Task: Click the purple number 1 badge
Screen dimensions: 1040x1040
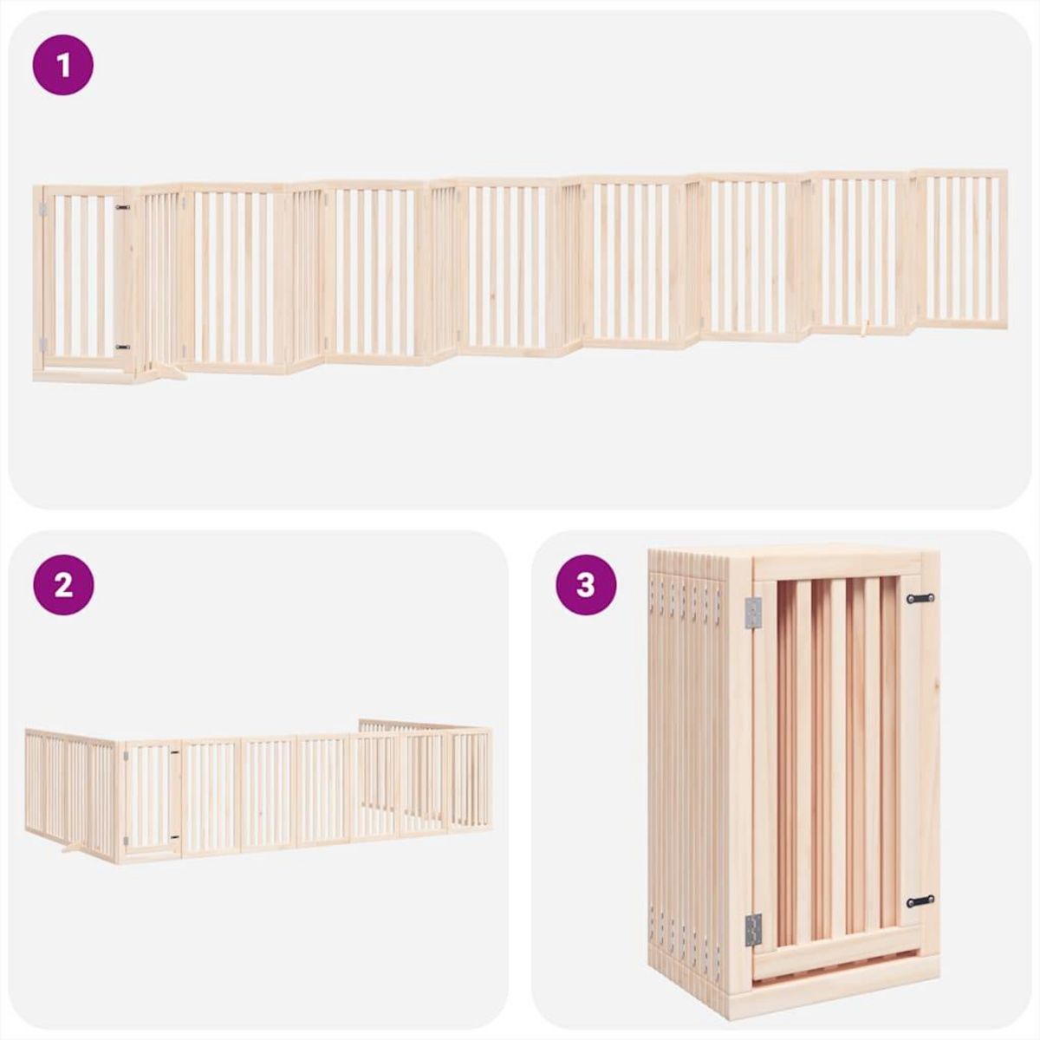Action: pyautogui.click(x=62, y=65)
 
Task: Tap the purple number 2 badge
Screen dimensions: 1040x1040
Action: pyautogui.click(x=62, y=585)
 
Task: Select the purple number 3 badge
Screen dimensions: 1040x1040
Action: pyautogui.click(x=586, y=585)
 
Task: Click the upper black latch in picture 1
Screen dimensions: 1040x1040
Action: pyautogui.click(x=122, y=208)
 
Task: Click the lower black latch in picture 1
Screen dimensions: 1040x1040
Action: pyautogui.click(x=122, y=347)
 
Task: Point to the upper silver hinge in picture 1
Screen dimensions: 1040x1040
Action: pyautogui.click(x=41, y=210)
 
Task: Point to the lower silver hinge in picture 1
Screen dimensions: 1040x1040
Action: pyautogui.click(x=41, y=342)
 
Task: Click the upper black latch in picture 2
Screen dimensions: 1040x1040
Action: pyautogui.click(x=174, y=752)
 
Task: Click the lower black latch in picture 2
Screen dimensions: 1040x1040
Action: pyautogui.click(x=174, y=838)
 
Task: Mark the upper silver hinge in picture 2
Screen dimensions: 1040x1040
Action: pyautogui.click(x=126, y=757)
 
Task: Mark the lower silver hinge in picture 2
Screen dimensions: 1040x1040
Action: pyautogui.click(x=126, y=841)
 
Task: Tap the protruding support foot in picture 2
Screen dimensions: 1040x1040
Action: pyautogui.click(x=74, y=847)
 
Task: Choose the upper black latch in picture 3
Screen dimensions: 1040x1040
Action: pyautogui.click(x=920, y=598)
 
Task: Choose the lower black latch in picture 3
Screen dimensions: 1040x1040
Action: pyautogui.click(x=920, y=901)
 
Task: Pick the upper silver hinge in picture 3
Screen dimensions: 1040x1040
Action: pyautogui.click(x=752, y=613)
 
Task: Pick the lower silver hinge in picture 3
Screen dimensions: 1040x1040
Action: pyautogui.click(x=752, y=929)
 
